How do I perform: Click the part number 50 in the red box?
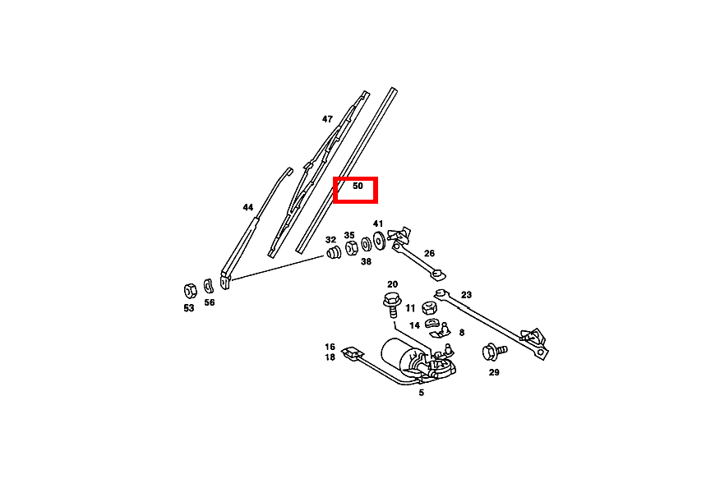click(358, 186)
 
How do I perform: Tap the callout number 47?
click(327, 119)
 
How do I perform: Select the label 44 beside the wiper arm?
click(248, 207)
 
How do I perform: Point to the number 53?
click(189, 308)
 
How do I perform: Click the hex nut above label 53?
click(190, 290)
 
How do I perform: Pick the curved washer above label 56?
click(209, 286)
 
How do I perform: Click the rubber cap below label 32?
click(334, 252)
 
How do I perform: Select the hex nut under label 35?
click(351, 248)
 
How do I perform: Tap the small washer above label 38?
click(366, 244)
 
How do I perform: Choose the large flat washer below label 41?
click(379, 241)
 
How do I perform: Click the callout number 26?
click(429, 253)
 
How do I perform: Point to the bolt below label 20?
click(393, 305)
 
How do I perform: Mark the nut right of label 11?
click(429, 307)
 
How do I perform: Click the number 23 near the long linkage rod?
click(466, 295)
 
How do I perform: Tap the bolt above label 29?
click(494, 352)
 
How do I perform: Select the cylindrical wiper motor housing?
click(398, 355)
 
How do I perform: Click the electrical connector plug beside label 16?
click(353, 352)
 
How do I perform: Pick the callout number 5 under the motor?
click(421, 393)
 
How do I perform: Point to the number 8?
click(461, 333)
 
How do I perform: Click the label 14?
click(414, 325)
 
